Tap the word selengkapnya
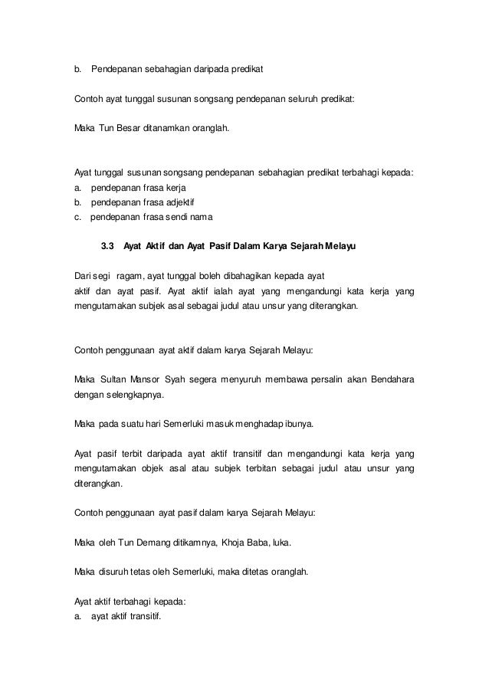pos(131,396)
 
